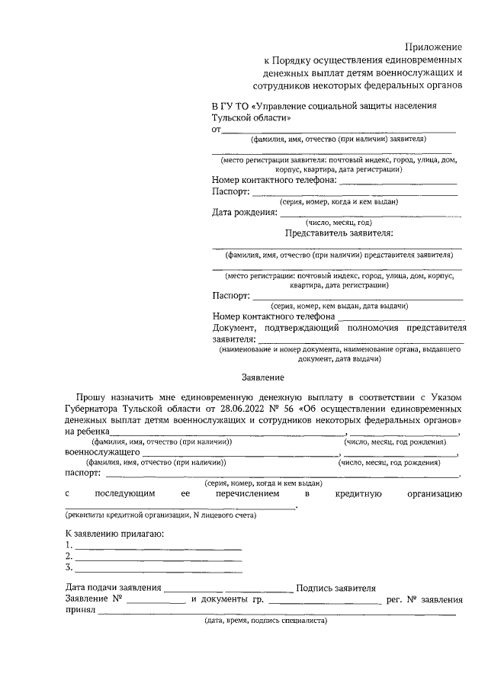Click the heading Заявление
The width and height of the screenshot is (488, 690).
262,377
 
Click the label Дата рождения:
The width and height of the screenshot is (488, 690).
244,212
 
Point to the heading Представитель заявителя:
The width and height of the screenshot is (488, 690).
339,233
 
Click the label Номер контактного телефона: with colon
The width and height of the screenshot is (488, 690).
274,181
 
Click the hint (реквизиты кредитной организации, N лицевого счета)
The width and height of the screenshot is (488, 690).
160,515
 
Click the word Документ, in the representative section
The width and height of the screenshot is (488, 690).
239,327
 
